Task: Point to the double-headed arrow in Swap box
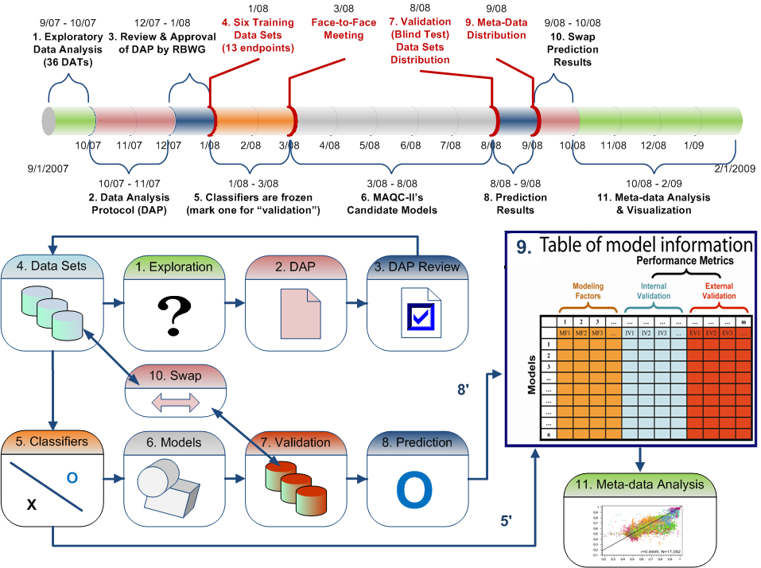tap(173, 403)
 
